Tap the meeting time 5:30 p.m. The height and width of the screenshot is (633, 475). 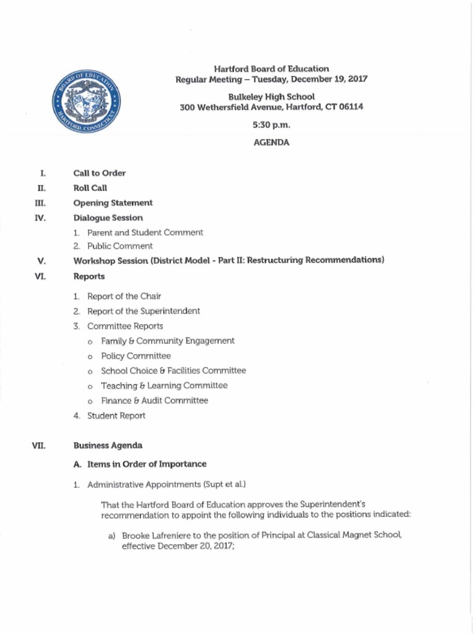(x=272, y=125)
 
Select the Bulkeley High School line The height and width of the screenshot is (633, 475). (x=272, y=96)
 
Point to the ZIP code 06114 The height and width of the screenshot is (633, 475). (x=351, y=107)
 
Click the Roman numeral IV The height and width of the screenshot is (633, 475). (x=41, y=218)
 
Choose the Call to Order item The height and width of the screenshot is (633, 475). (x=100, y=173)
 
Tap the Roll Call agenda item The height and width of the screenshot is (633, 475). (x=90, y=188)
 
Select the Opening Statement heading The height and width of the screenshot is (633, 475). (x=113, y=203)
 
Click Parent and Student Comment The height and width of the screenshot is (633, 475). (x=145, y=232)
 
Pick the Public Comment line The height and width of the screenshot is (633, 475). (x=120, y=246)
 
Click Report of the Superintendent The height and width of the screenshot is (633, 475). (x=143, y=311)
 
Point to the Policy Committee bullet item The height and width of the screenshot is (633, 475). (x=136, y=355)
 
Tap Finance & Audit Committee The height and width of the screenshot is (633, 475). (x=155, y=400)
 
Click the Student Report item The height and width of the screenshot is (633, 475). (x=116, y=415)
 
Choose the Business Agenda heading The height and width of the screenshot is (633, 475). (x=108, y=445)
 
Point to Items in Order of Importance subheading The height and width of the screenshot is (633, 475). (x=144, y=464)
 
